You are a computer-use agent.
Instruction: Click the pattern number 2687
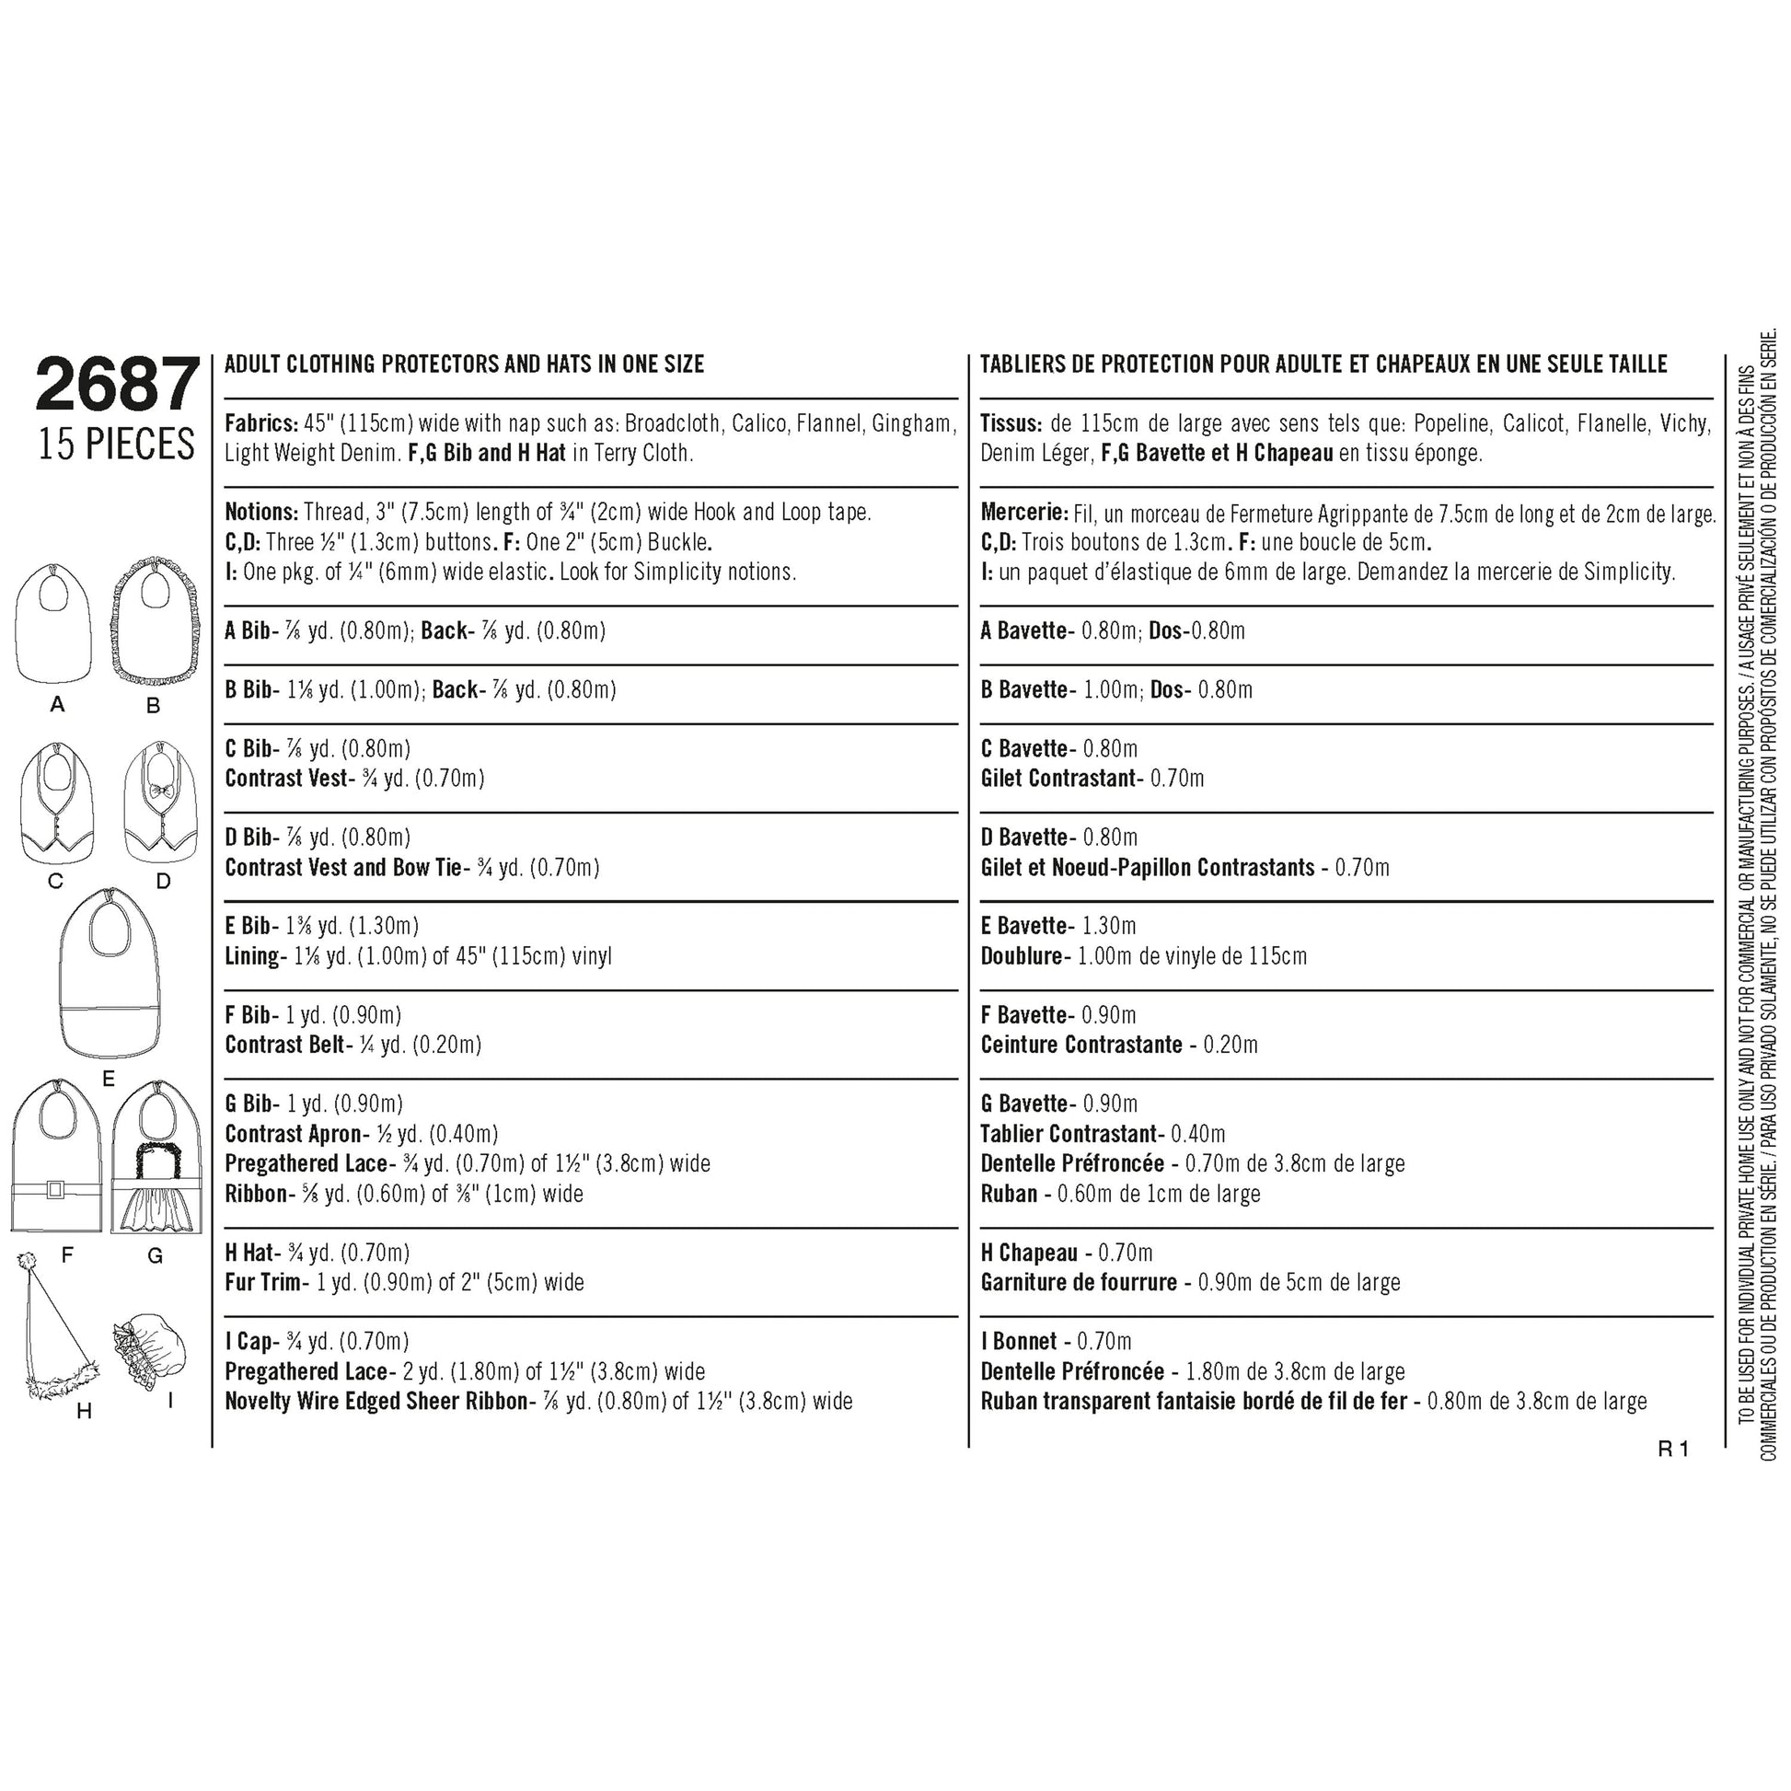117,386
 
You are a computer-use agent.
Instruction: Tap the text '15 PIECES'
117,445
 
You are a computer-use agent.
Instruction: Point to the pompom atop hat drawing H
27,1264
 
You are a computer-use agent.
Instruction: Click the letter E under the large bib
109,1079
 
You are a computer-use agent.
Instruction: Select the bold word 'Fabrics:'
261,423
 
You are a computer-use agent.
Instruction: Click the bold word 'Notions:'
261,513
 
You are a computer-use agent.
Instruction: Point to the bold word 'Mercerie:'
1024,513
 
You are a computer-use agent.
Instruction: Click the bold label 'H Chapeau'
1029,1254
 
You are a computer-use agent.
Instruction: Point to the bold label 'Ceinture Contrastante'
1080,1045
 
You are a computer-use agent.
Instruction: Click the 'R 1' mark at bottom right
1673,1449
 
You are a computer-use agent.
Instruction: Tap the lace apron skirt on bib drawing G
156,1209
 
